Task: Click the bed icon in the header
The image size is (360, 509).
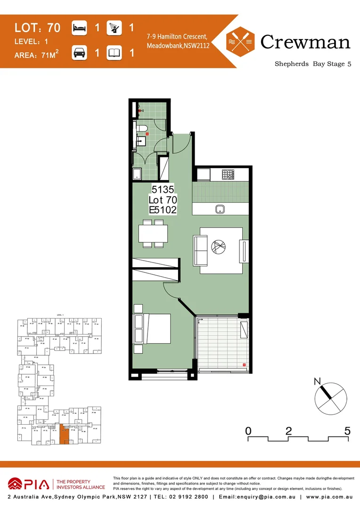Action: [x=79, y=28]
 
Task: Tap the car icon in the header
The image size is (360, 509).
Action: [x=79, y=53]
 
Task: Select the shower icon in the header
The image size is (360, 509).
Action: [x=115, y=28]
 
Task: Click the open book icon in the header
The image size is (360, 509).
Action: [x=115, y=53]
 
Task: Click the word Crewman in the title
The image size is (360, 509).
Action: [x=305, y=42]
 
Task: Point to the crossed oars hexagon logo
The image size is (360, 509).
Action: [x=241, y=41]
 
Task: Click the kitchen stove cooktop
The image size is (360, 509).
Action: [x=228, y=176]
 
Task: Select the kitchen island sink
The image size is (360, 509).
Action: [x=220, y=209]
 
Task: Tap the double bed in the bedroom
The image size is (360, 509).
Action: [x=153, y=329]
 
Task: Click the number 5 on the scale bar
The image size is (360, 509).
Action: [x=347, y=430]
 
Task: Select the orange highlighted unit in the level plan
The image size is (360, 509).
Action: [x=63, y=434]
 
